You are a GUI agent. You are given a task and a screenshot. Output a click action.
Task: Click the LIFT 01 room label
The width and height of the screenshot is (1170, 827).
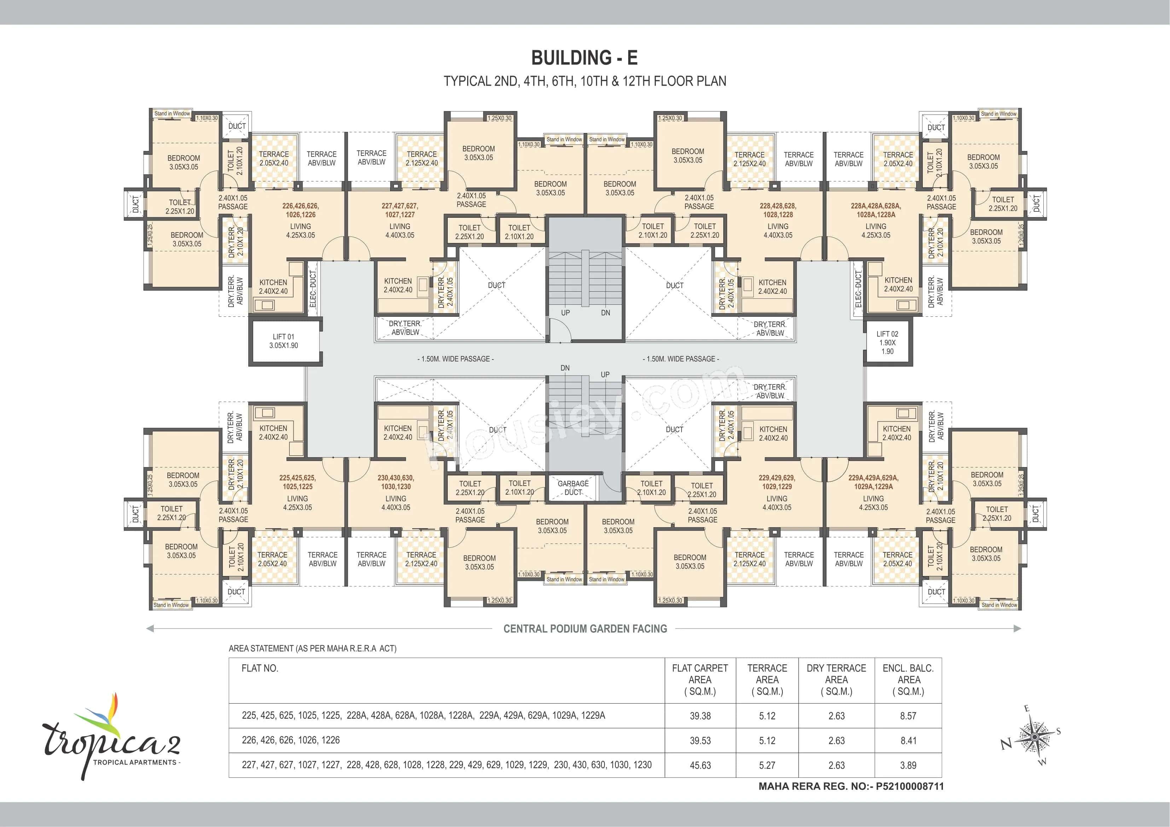pyautogui.click(x=283, y=341)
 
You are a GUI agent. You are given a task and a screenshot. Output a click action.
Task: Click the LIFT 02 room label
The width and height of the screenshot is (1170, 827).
pyautogui.click(x=887, y=342)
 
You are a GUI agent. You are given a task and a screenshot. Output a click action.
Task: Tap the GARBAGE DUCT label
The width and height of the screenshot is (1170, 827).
pyautogui.click(x=573, y=488)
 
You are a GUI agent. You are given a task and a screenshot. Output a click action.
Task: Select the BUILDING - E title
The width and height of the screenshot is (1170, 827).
pyautogui.click(x=585, y=58)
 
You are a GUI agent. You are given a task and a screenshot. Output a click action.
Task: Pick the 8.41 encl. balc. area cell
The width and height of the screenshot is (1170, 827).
pyautogui.click(x=908, y=740)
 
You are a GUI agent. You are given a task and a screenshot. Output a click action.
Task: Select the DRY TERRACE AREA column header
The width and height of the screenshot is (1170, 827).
pyautogui.click(x=836, y=680)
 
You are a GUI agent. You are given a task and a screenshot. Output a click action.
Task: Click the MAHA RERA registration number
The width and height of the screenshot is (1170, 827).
pyautogui.click(x=851, y=786)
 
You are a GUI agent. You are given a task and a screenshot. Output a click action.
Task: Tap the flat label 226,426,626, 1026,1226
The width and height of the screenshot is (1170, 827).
pyautogui.click(x=300, y=210)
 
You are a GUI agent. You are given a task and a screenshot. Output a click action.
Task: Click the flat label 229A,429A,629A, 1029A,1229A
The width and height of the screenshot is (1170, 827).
pyautogui.click(x=873, y=482)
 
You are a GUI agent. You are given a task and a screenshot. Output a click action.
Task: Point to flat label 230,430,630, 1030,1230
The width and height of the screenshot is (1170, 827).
pyautogui.click(x=395, y=482)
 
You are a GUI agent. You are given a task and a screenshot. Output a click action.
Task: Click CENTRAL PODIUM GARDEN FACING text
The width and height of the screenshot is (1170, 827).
pyautogui.click(x=585, y=629)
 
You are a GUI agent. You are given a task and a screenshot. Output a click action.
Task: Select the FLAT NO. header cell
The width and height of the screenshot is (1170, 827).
pyautogui.click(x=260, y=668)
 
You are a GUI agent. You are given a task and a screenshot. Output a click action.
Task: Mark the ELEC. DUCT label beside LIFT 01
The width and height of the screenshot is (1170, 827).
pyautogui.click(x=313, y=289)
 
